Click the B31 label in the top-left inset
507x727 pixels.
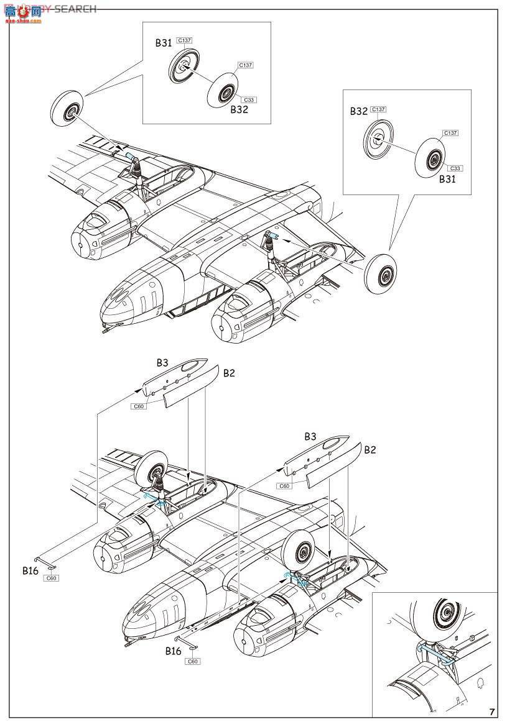click(x=164, y=43)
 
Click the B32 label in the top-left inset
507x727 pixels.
click(x=239, y=109)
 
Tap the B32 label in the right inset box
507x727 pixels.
click(x=358, y=111)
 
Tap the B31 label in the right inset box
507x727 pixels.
click(x=448, y=179)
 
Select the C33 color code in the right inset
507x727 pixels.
click(x=455, y=168)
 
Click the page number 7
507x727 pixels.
click(x=492, y=711)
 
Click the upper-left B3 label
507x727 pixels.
click(x=162, y=362)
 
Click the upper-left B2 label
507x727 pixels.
click(x=228, y=373)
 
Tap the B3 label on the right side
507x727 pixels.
click(x=310, y=437)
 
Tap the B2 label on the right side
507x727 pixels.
click(x=370, y=449)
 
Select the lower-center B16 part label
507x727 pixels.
click(x=174, y=651)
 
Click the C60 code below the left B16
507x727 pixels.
click(x=51, y=578)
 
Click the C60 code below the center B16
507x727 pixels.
click(x=193, y=661)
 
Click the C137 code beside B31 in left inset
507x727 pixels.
click(x=184, y=40)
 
